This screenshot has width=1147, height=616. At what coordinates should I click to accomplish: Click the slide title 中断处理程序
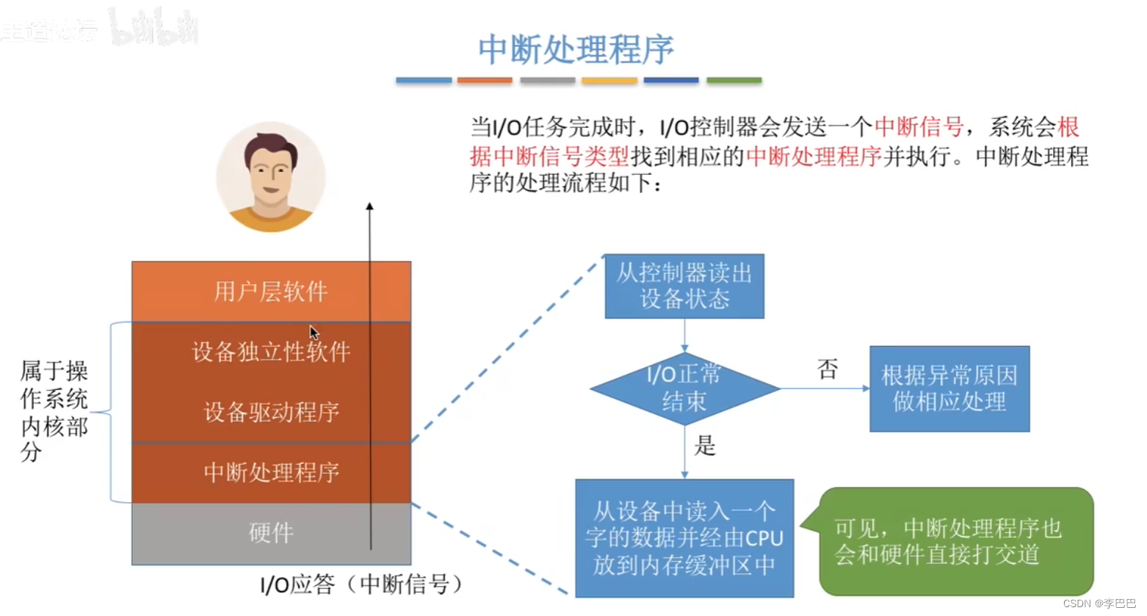coord(576,50)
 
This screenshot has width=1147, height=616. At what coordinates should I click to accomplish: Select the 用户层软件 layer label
coord(271,291)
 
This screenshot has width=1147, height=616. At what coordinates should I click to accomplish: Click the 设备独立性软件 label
coord(271,352)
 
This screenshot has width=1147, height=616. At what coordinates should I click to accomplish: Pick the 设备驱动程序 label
coord(271,412)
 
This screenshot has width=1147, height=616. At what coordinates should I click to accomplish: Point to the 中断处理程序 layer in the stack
coord(271,472)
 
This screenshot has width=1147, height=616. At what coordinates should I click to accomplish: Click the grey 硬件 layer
coord(271,532)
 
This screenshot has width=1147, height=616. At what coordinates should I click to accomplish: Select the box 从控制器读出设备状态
coord(684,286)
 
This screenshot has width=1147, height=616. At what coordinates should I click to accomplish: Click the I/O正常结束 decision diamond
coord(684,388)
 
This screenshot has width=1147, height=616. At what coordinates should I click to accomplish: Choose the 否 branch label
coord(828,369)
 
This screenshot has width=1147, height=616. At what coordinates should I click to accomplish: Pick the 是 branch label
coord(705,446)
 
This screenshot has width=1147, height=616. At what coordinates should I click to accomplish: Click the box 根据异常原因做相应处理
coord(949,388)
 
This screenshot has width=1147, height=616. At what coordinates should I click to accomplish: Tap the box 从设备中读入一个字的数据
coord(684,538)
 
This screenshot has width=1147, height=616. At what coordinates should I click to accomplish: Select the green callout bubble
coord(955,541)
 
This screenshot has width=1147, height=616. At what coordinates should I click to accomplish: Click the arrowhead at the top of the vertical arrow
coord(370,207)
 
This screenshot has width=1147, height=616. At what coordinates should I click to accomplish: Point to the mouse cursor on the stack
coord(314,332)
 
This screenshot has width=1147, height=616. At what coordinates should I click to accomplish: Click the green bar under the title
coord(734,80)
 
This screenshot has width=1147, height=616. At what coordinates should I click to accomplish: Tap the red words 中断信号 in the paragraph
coord(919,127)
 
